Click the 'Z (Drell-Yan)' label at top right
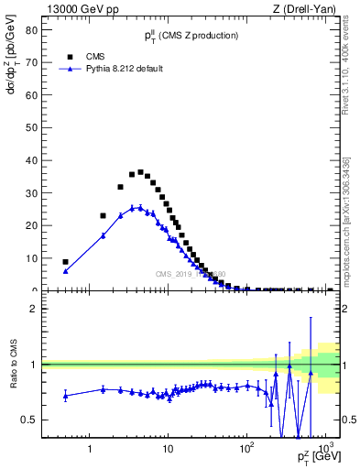309,8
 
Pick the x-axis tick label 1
90,450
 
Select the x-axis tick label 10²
246,449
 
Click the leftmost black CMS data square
65,262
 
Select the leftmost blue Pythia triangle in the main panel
65,271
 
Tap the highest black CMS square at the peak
140,172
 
